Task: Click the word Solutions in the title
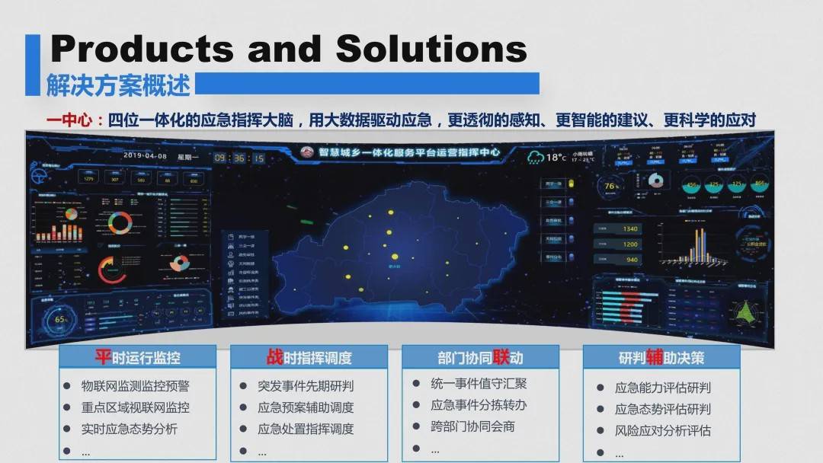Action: coord(431,49)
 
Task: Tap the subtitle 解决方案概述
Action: coord(118,84)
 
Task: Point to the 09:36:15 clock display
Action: coord(239,158)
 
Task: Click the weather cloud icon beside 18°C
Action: coord(536,157)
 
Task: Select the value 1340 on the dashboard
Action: coord(629,228)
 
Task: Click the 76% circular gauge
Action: coord(610,186)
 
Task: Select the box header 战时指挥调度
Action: coord(309,357)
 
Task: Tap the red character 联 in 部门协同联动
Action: coord(501,357)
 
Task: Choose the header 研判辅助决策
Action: coord(661,357)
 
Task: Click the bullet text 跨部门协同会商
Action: coord(472,426)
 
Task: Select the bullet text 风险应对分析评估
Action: coord(663,430)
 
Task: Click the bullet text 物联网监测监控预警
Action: coord(136,386)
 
